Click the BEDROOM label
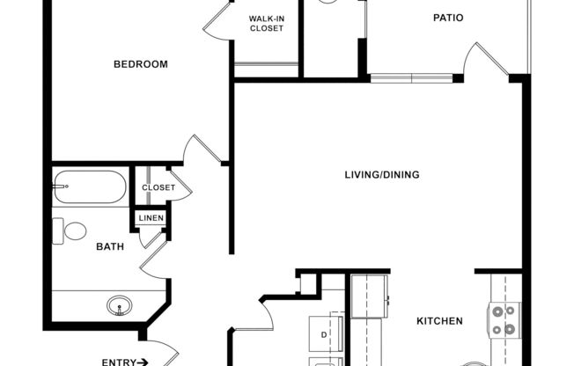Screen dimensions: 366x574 tap(141, 64)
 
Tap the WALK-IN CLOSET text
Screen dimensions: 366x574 tap(266, 23)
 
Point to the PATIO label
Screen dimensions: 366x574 tap(448, 18)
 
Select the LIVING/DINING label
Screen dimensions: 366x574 tap(381, 174)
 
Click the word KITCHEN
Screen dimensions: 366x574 tap(439, 321)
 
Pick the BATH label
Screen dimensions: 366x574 tap(110, 246)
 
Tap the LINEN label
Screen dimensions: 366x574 tap(150, 217)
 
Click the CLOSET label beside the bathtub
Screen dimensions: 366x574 tap(158, 187)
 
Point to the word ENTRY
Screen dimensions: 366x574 tap(118, 362)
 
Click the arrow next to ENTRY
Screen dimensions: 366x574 tap(143, 362)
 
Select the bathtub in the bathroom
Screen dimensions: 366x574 tap(89, 186)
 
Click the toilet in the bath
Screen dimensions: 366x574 tap(70, 231)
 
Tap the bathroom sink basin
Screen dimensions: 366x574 tap(121, 307)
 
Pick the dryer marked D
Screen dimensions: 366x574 tap(324, 333)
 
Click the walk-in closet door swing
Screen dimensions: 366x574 tap(218, 21)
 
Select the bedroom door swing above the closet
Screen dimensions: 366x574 tap(202, 150)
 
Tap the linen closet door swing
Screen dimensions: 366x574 tap(154, 236)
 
